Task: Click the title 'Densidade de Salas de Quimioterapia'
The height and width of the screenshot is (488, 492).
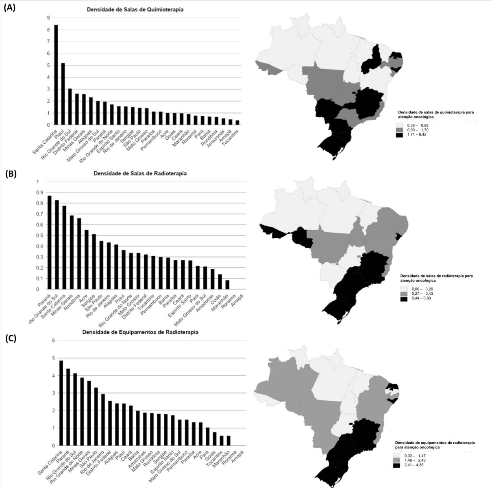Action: point(135,9)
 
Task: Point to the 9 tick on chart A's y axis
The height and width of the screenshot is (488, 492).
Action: point(48,18)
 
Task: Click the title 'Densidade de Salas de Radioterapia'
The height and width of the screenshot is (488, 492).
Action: point(140,173)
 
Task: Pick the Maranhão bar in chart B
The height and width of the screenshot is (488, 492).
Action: point(227,285)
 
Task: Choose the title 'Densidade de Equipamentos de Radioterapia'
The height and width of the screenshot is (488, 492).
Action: point(140,332)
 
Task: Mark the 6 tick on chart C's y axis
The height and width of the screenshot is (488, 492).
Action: point(53,341)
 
